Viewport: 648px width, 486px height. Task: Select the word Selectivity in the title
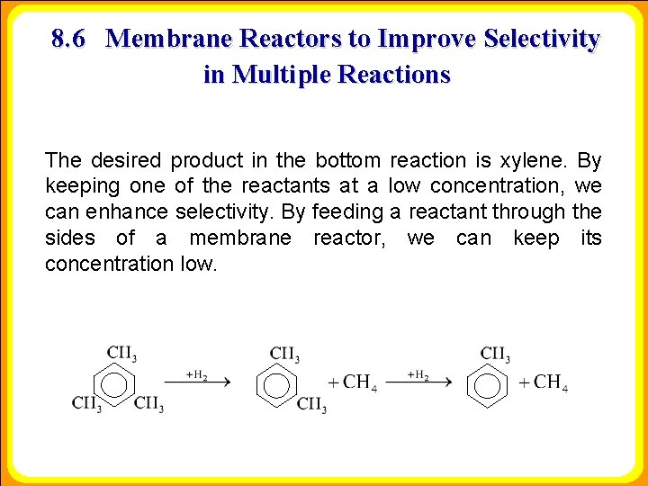click(x=541, y=40)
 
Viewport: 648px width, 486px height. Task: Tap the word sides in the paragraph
click(x=69, y=238)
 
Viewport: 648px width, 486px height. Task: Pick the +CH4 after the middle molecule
click(x=352, y=382)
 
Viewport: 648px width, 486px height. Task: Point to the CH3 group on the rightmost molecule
click(x=495, y=353)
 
